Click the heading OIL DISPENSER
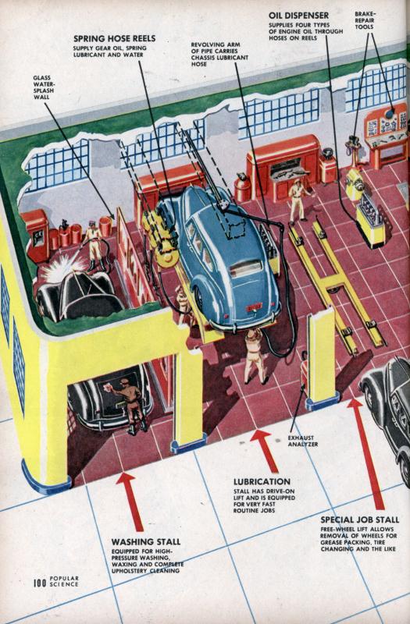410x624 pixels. click(298, 16)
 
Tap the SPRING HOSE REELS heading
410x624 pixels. click(114, 38)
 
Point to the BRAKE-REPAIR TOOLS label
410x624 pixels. click(365, 20)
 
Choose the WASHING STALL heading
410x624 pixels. click(146, 541)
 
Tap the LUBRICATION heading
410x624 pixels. click(262, 481)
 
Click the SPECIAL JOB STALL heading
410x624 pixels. click(360, 519)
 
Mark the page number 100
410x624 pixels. click(40, 583)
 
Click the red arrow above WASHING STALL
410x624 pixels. click(130, 502)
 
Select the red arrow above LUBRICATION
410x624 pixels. click(265, 451)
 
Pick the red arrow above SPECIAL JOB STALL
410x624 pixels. click(366, 454)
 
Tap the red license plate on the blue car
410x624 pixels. click(254, 307)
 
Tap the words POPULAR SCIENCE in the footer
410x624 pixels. click(64, 581)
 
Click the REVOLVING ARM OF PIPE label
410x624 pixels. click(219, 54)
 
